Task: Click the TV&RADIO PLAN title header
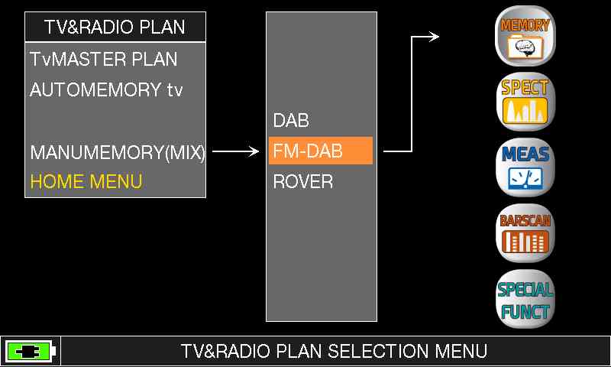pos(115,27)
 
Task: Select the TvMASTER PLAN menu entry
pos(104,60)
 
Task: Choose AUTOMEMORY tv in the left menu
pos(106,89)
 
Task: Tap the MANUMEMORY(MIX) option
pos(118,151)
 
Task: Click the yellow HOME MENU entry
pos(86,182)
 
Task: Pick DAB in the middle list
pos(291,121)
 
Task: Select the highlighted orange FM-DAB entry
pos(321,151)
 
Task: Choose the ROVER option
pos(303,182)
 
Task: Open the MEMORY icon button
pos(525,36)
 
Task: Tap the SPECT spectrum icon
pos(525,102)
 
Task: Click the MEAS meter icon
pos(525,167)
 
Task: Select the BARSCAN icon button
pos(525,233)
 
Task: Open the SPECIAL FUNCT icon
pos(525,299)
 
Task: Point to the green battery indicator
pos(31,352)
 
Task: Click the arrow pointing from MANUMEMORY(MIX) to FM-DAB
pos(235,151)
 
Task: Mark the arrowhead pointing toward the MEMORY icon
pos(435,37)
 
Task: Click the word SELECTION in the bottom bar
pos(378,351)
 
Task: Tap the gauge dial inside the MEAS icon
pos(525,178)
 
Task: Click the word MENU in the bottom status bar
pos(461,351)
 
